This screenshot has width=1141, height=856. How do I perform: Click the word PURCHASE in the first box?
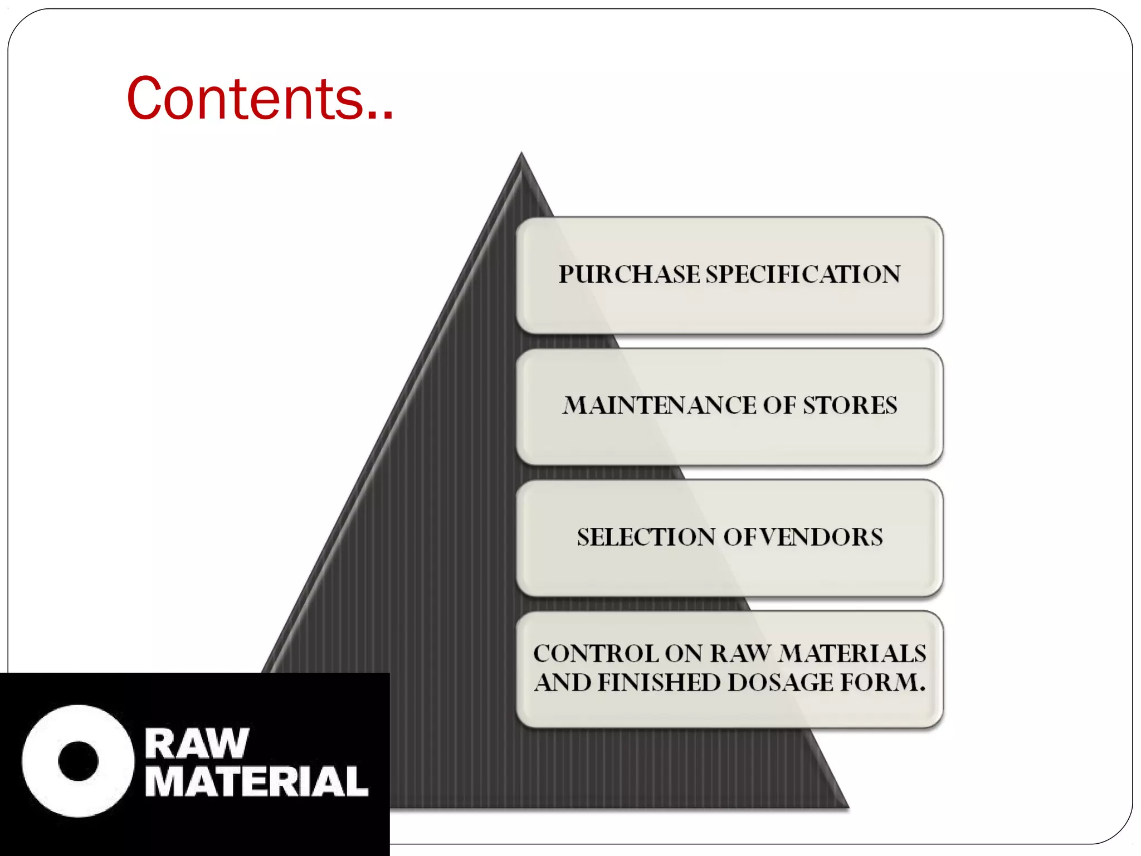pyautogui.click(x=630, y=275)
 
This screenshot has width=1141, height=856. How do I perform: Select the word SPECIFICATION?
pyautogui.click(x=803, y=275)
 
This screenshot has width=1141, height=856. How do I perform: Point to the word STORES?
pyautogui.click(x=850, y=406)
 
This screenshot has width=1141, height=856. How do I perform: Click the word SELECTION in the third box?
pyautogui.click(x=646, y=537)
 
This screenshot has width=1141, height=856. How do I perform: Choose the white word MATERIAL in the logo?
pyautogui.click(x=256, y=781)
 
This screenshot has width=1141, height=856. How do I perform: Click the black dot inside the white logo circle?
pyautogui.click(x=78, y=761)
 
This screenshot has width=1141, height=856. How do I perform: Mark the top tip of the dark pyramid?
pyautogui.click(x=521, y=154)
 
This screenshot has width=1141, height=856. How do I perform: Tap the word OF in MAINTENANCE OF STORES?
pyautogui.click(x=779, y=406)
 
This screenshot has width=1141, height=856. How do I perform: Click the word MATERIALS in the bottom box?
pyautogui.click(x=852, y=654)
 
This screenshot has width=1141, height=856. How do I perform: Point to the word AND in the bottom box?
pyautogui.click(x=563, y=683)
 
